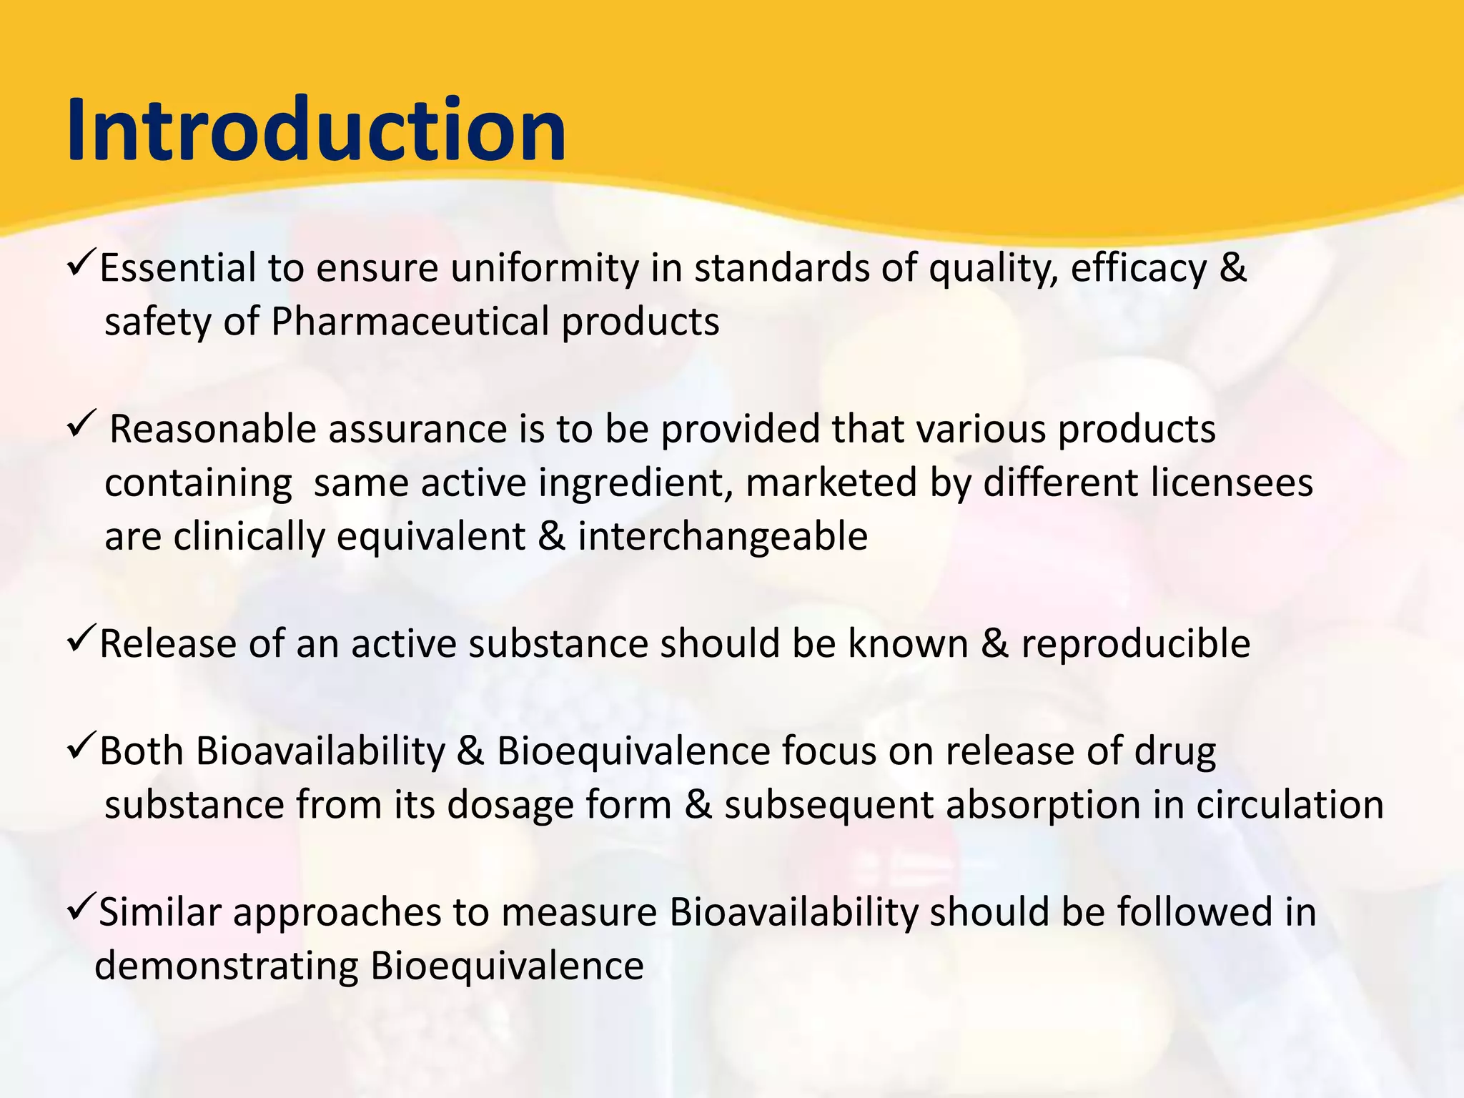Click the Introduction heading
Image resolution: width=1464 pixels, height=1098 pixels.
pos(316,131)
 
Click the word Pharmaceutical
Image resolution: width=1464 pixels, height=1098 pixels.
pos(410,322)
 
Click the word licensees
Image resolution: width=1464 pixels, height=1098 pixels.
pos(1232,483)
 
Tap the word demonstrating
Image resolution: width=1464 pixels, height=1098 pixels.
pos(226,966)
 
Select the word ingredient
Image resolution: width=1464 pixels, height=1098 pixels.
pos(635,483)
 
